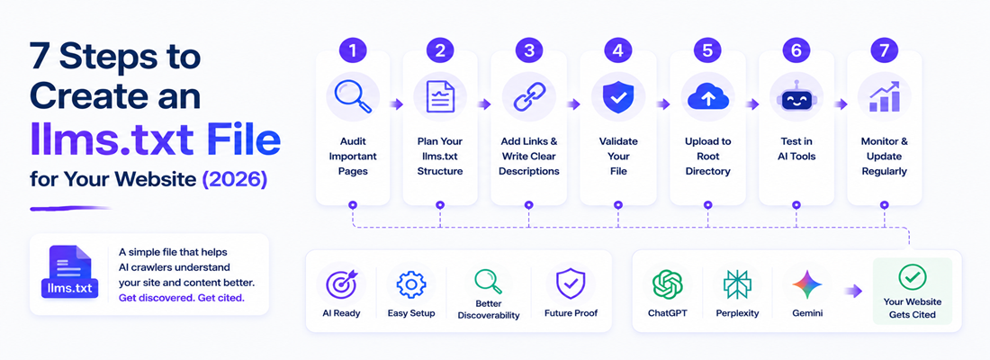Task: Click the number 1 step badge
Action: click(x=352, y=49)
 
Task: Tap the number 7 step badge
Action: click(x=884, y=49)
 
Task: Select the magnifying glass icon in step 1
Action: click(x=352, y=96)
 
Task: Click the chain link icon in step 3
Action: click(x=528, y=97)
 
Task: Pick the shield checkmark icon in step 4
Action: click(x=618, y=97)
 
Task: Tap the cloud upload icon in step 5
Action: click(x=707, y=97)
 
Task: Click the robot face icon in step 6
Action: click(x=796, y=97)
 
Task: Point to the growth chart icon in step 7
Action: click(x=884, y=96)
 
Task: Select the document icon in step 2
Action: click(x=440, y=97)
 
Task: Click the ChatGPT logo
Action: click(x=668, y=284)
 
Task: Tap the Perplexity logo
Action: click(x=737, y=284)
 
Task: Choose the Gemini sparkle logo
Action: click(x=807, y=284)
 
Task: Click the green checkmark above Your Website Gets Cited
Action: click(x=913, y=277)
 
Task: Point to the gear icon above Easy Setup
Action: click(x=411, y=284)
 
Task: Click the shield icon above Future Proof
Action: click(x=571, y=284)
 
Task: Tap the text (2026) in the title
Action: click(x=234, y=179)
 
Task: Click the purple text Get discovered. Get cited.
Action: click(x=181, y=298)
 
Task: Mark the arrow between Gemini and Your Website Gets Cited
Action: click(x=853, y=291)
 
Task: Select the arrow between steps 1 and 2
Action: click(x=397, y=104)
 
